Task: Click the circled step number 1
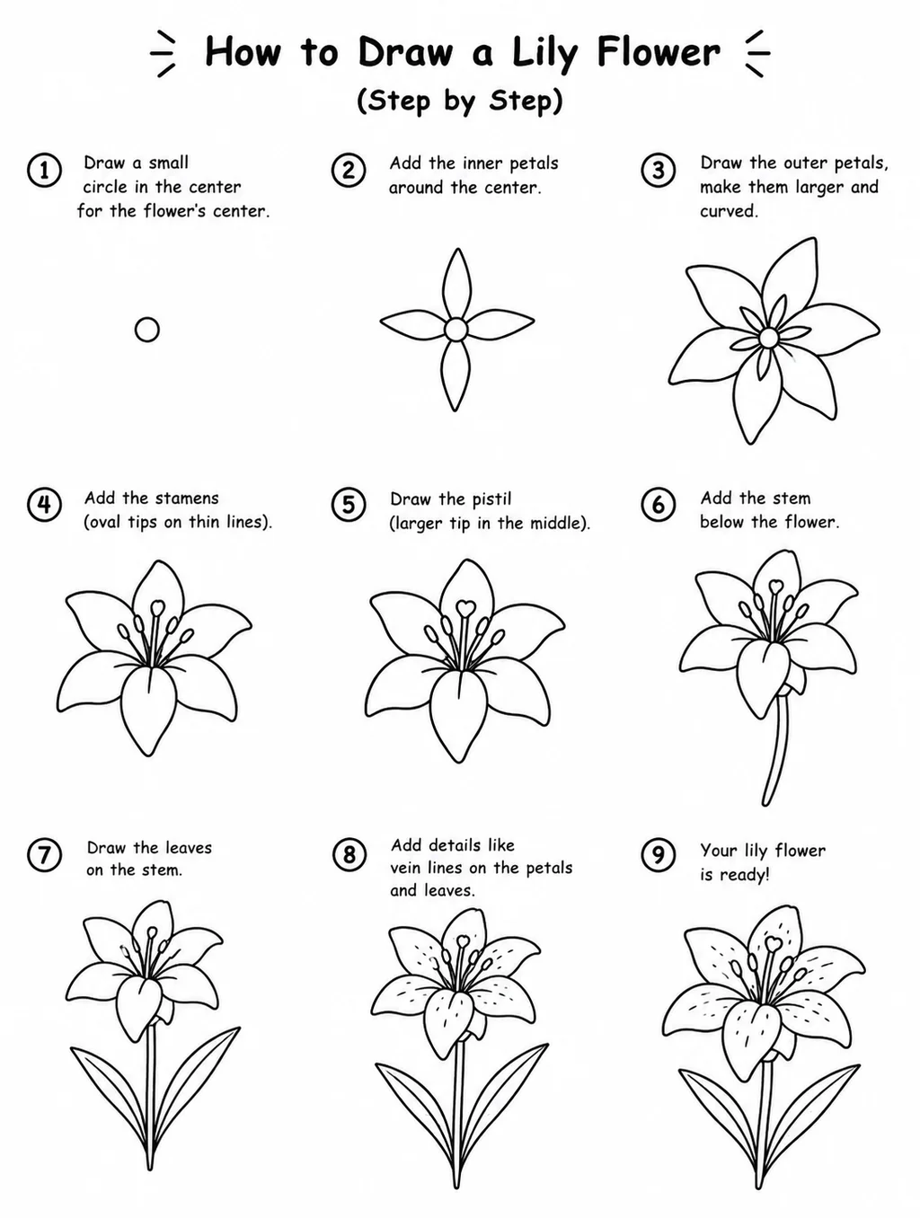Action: [x=44, y=171]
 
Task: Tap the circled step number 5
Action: [x=349, y=505]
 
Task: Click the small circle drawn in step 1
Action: [x=147, y=330]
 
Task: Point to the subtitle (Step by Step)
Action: [x=460, y=101]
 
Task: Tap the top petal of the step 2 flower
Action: [x=457, y=285]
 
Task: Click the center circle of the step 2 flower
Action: [x=456, y=330]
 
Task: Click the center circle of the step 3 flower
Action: [x=768, y=338]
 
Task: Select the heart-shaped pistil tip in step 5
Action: [x=464, y=607]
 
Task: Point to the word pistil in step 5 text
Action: [x=491, y=499]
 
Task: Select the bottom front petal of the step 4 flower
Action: [x=149, y=710]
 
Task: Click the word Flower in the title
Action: [x=659, y=53]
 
